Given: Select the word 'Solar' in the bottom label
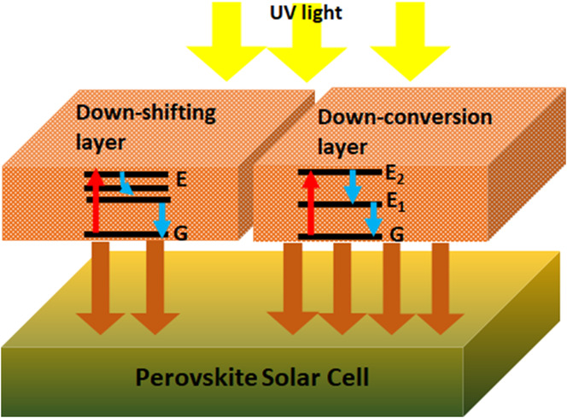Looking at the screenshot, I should [288, 377].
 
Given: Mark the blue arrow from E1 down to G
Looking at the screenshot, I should [372, 219].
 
